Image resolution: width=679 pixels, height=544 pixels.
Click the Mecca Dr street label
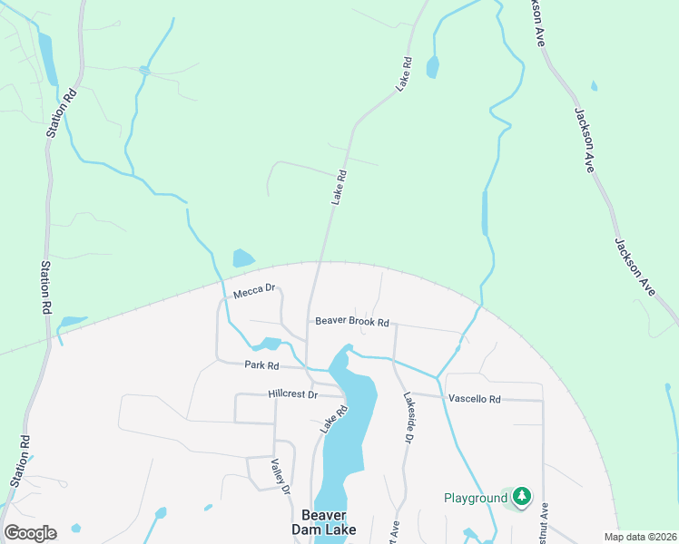253,291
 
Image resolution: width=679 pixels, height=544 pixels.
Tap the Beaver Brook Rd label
352,322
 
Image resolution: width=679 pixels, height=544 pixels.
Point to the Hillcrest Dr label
293,394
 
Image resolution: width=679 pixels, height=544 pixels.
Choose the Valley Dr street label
280,475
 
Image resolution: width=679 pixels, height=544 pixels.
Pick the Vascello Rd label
474,399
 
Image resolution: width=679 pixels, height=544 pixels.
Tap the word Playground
475,498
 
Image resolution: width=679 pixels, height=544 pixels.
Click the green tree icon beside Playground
521,497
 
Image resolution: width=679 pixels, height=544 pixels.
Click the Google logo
30,533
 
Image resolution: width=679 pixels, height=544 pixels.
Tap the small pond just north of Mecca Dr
243,258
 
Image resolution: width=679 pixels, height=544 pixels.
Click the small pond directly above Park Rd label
268,345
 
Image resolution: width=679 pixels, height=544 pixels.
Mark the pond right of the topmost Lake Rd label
432,66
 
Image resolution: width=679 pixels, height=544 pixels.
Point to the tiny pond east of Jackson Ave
594,86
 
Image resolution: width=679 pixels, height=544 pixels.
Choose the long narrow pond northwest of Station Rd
47,59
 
